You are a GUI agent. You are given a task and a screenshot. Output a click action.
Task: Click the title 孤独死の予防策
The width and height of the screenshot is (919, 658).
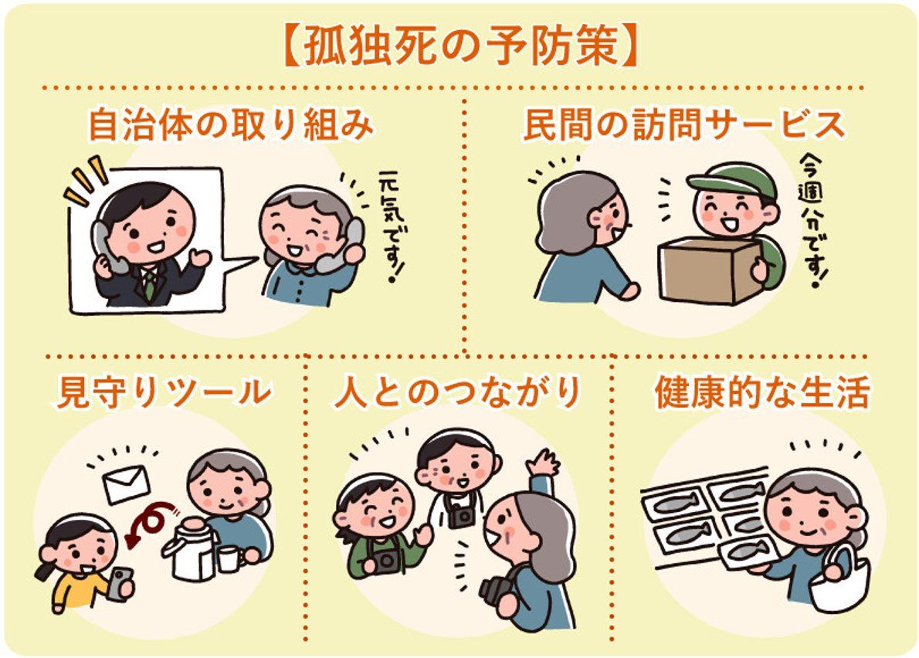[459, 48]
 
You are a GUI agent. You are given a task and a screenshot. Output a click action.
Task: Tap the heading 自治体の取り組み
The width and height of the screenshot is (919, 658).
[231, 126]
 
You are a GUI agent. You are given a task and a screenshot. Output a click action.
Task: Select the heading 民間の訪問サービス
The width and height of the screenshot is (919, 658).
[684, 126]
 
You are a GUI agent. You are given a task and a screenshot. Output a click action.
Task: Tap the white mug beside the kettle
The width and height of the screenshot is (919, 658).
[229, 558]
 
